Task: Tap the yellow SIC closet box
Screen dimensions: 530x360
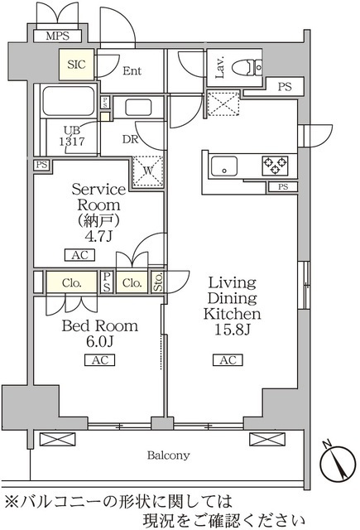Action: (75, 65)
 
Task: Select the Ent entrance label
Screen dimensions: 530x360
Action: (132, 71)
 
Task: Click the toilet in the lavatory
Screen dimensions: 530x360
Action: (245, 68)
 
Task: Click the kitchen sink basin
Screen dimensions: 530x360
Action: (223, 166)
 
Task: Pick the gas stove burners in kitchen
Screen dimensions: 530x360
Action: (275, 166)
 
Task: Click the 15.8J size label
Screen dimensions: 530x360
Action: (232, 331)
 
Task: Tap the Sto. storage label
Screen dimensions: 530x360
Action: (158, 282)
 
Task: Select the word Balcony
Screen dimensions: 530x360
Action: (169, 455)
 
